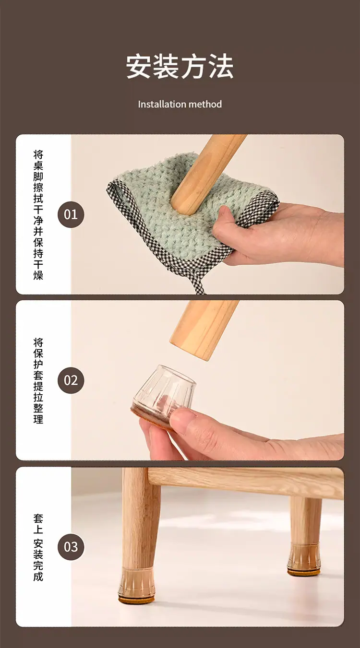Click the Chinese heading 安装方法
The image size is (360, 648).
coord(180,66)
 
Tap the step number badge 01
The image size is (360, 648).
coord(71,215)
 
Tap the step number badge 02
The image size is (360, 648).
coord(71,380)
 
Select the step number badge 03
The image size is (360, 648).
coord(71,547)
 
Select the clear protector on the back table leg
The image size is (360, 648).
coord(303,559)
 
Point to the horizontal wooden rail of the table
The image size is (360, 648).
coord(246,482)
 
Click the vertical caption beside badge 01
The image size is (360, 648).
coord(38,215)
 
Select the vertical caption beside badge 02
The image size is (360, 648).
coord(38,380)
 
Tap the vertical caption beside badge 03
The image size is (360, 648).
coord(38,547)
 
